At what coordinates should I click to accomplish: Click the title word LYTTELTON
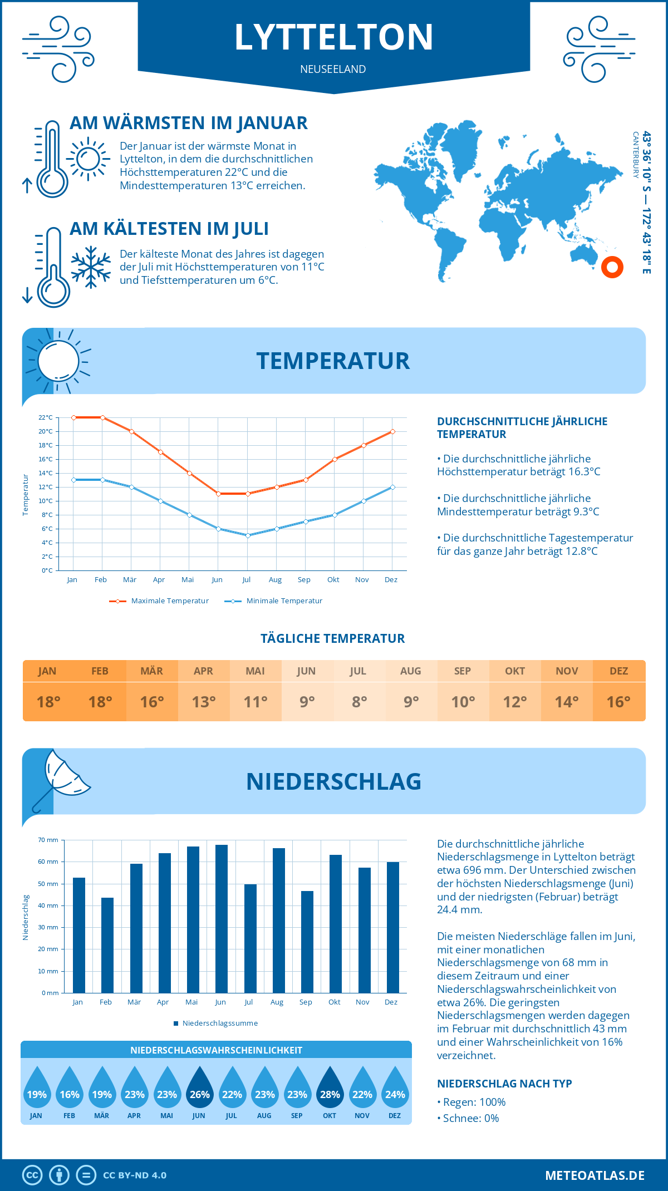pos(333,37)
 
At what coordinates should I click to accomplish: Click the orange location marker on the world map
pos(612,267)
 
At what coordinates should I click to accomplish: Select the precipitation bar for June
pos(222,918)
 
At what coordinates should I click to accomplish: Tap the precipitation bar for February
pos(107,945)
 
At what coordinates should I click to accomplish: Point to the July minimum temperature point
pos(248,535)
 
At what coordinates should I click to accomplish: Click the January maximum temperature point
pos(73,417)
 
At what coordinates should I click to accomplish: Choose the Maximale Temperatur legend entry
pos(159,601)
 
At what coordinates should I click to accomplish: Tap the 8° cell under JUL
pos(359,702)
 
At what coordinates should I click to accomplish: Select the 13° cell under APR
pos(204,702)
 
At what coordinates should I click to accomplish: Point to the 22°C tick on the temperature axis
pos(46,417)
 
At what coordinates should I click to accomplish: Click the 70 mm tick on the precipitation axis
pos(48,840)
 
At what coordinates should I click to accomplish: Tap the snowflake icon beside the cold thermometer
pos(91,267)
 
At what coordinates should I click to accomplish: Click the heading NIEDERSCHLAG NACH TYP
pos(504,1084)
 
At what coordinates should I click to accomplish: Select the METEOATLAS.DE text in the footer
pos(595,1175)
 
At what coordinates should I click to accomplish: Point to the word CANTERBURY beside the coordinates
pos(635,155)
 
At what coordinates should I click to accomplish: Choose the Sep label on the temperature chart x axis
pos(304,580)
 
